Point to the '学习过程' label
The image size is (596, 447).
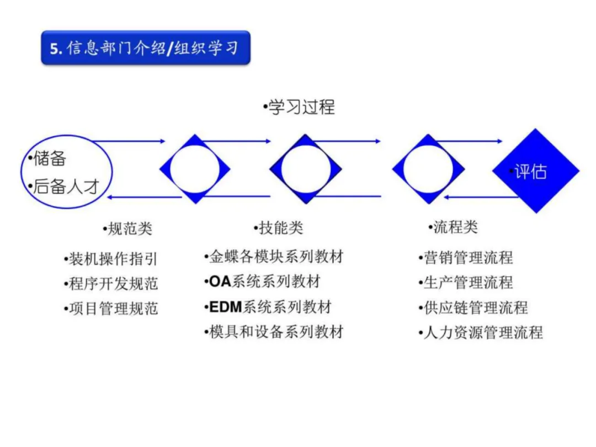point(301,107)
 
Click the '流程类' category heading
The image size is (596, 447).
point(455,227)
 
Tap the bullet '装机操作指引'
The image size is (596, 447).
point(113,259)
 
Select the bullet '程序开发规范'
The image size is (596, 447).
point(113,284)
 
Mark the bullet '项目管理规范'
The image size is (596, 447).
point(113,308)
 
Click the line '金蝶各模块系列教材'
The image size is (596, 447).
point(276,257)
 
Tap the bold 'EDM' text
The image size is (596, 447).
point(226,307)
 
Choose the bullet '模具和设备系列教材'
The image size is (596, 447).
point(276,332)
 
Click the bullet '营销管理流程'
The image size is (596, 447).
point(467,257)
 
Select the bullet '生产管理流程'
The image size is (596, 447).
point(467,283)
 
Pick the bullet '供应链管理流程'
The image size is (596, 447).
point(475,307)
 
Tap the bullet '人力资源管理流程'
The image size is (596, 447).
point(482,332)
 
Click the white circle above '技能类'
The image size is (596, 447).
point(305,169)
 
